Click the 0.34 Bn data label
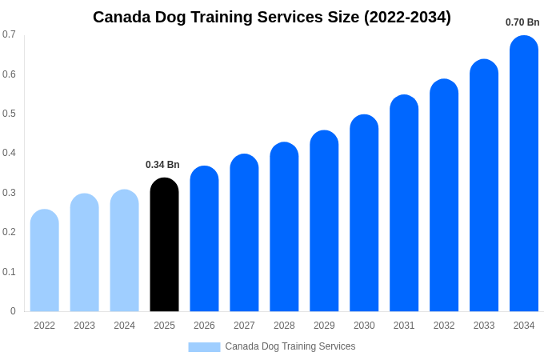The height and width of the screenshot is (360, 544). pyautogui.click(x=162, y=165)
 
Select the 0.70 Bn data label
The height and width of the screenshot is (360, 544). pyautogui.click(x=522, y=22)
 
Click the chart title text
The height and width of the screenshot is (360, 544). pyautogui.click(x=272, y=17)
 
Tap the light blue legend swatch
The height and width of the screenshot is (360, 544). pyautogui.click(x=204, y=346)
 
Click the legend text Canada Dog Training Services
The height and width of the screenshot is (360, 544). pyautogui.click(x=290, y=346)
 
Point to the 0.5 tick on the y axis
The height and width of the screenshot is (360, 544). pyautogui.click(x=9, y=114)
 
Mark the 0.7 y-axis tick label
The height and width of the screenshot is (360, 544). pyautogui.click(x=9, y=34)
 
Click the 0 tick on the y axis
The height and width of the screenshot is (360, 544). pyautogui.click(x=13, y=311)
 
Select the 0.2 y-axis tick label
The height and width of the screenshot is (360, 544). pyautogui.click(x=9, y=232)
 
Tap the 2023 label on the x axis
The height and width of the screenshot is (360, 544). pyautogui.click(x=84, y=326)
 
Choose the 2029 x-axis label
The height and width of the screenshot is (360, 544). pyautogui.click(x=324, y=326)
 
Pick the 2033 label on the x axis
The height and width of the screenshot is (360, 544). pyautogui.click(x=484, y=326)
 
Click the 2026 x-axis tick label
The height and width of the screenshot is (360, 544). pyautogui.click(x=204, y=326)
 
